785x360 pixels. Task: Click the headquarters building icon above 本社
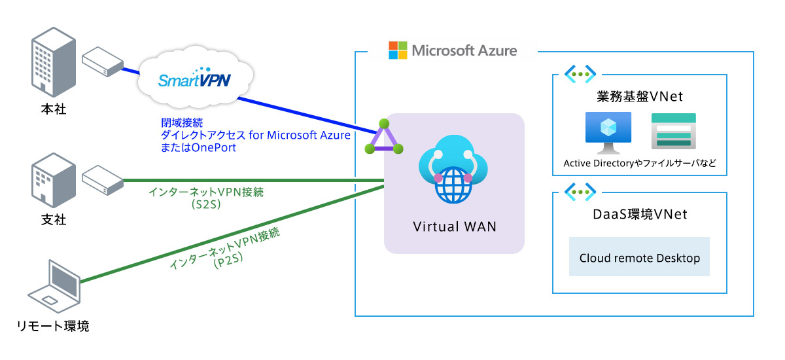(50, 63)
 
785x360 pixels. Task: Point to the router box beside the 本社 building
(103, 61)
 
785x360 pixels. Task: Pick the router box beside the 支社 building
(103, 177)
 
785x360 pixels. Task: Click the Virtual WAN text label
(454, 227)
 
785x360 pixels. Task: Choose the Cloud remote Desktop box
(639, 257)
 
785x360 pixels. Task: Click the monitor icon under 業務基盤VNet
(608, 132)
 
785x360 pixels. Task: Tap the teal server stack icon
(674, 131)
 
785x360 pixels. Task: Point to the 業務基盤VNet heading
(640, 97)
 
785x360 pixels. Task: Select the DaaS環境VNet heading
(640, 215)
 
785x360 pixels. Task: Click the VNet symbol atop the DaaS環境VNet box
(580, 192)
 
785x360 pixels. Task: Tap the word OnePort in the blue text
(214, 147)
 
